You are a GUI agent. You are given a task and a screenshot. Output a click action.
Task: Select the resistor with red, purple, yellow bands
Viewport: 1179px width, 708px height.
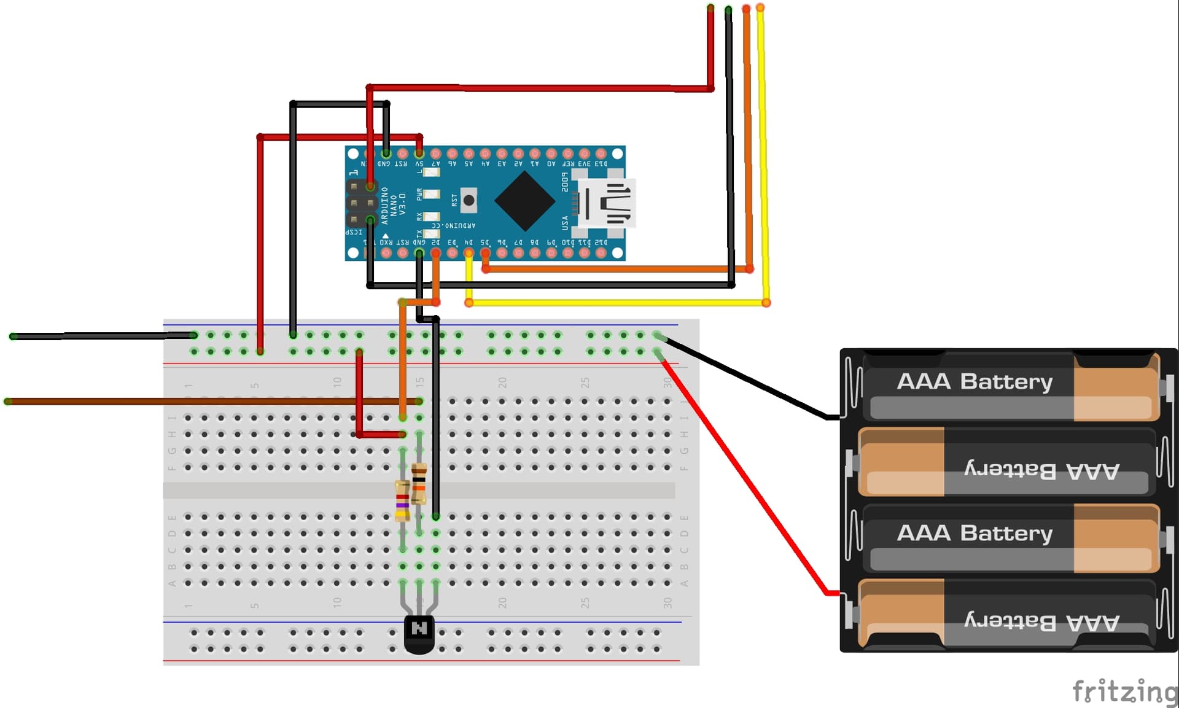pyautogui.click(x=402, y=500)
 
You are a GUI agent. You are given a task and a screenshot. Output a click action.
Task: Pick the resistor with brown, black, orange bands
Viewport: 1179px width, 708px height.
pyautogui.click(x=419, y=483)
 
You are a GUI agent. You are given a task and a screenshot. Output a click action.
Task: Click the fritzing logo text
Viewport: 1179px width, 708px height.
pyautogui.click(x=1124, y=691)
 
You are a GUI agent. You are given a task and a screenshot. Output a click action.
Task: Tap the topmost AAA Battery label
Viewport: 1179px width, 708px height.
pyautogui.click(x=975, y=381)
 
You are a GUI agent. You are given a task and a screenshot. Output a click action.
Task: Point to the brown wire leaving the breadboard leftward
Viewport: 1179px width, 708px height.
pyautogui.click(x=184, y=402)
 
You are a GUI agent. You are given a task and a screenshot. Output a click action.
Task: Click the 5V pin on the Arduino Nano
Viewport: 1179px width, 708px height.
pyautogui.click(x=419, y=154)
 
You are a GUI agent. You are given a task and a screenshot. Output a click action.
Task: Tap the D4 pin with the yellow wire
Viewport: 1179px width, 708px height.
pyautogui.click(x=469, y=253)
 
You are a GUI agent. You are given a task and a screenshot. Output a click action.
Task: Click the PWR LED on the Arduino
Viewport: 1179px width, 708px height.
pyautogui.click(x=432, y=195)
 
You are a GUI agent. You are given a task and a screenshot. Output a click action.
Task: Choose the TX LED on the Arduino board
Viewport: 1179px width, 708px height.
pyautogui.click(x=432, y=233)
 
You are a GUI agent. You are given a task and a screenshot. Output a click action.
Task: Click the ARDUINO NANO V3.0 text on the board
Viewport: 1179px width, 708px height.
pyautogui.click(x=393, y=204)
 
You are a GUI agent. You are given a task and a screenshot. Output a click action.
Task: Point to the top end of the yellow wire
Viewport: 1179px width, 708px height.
pyautogui.click(x=760, y=8)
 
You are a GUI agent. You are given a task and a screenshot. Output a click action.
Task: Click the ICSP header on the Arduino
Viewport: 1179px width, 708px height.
pyautogui.click(x=362, y=203)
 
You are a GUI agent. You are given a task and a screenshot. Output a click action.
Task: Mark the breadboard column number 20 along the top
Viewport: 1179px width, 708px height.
pyautogui.click(x=502, y=382)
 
